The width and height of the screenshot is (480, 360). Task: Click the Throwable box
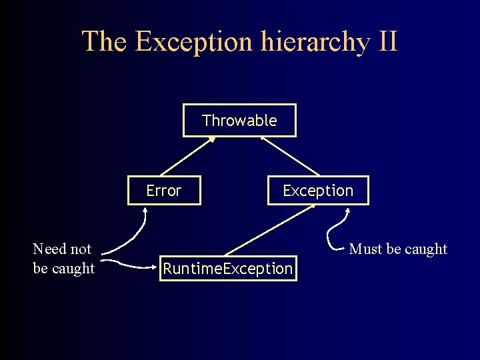click(x=239, y=121)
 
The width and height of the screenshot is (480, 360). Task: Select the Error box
click(x=164, y=191)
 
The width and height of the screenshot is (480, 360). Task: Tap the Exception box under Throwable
click(x=317, y=191)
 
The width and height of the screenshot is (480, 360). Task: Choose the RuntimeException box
click(x=228, y=269)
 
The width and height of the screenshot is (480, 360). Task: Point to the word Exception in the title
click(x=193, y=41)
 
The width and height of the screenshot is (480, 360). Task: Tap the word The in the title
click(x=104, y=41)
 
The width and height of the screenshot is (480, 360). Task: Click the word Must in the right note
click(x=365, y=249)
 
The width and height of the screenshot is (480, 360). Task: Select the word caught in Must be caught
click(x=426, y=249)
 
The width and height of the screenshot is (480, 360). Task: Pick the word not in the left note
click(x=81, y=249)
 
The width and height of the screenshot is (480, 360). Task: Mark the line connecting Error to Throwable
click(x=187, y=157)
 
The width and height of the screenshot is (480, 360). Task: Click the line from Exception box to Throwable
click(x=290, y=157)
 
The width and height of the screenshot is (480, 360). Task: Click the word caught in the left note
click(x=74, y=268)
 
